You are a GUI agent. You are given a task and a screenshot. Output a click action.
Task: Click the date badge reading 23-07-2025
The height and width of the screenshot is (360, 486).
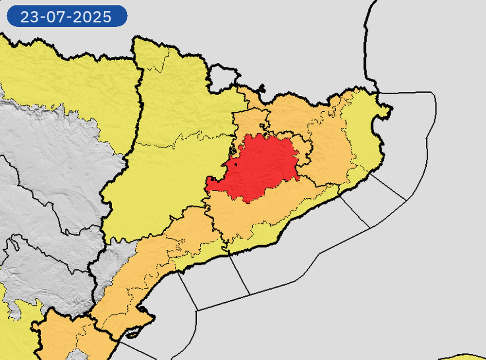pos(67,17)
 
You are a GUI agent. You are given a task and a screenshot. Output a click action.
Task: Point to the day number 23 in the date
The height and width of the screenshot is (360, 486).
pos(29,17)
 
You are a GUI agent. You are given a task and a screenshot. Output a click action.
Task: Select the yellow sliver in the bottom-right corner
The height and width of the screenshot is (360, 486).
pos(467,357)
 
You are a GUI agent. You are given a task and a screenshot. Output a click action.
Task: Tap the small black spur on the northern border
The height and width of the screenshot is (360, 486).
pos(262,89)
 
